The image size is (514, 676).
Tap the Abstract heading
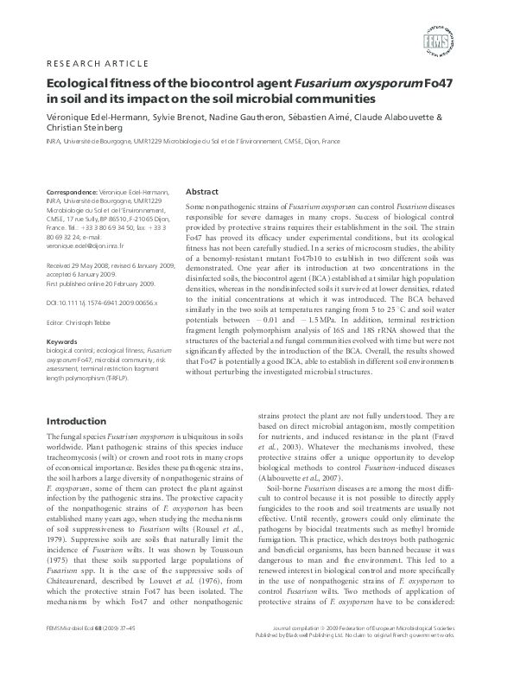point(202,191)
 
